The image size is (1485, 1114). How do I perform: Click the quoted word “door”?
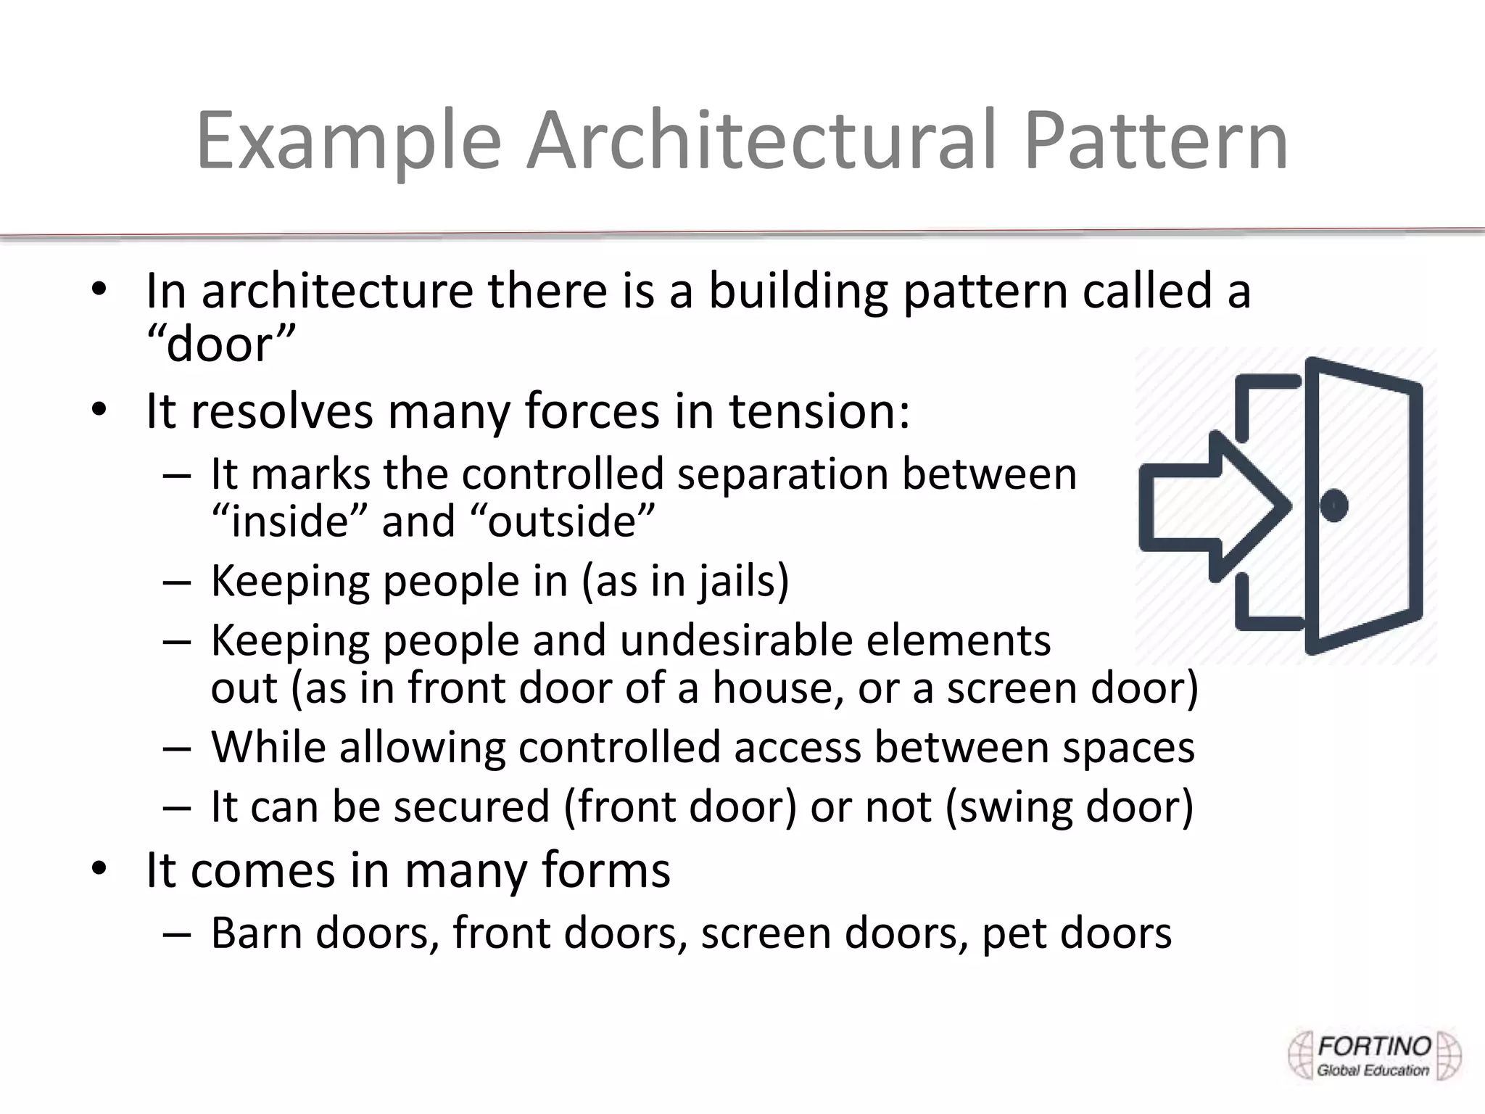coord(221,344)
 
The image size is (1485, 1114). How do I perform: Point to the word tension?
coord(819,410)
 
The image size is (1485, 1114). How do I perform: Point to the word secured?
coord(471,807)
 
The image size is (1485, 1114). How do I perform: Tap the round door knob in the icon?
coord(1333,506)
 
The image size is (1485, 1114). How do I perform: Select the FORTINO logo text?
coord(1373,1047)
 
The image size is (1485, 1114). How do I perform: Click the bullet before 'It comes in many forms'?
coord(99,868)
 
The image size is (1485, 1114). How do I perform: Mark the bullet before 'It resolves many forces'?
coord(99,410)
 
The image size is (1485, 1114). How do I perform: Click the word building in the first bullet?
coord(798,290)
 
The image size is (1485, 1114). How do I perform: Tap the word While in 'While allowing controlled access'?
coord(268,748)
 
